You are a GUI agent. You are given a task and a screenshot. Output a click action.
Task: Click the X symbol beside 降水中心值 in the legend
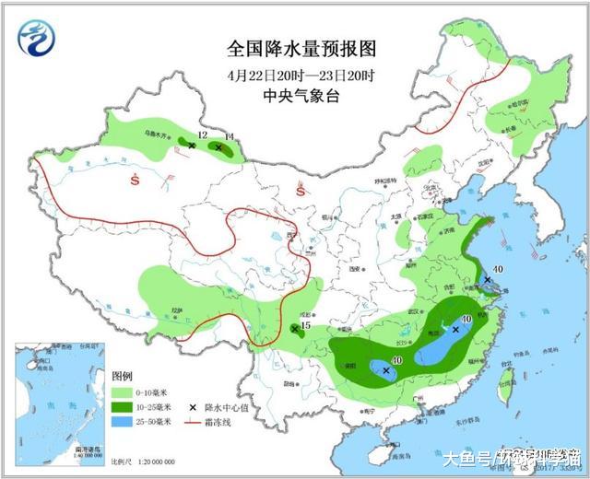pyautogui.click(x=192, y=406)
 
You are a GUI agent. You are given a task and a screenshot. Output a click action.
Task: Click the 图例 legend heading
pyautogui.click(x=123, y=378)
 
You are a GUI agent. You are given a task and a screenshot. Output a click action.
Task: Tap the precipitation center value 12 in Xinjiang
pyautogui.click(x=202, y=135)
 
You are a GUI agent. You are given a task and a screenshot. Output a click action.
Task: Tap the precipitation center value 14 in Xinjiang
pyautogui.click(x=230, y=137)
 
